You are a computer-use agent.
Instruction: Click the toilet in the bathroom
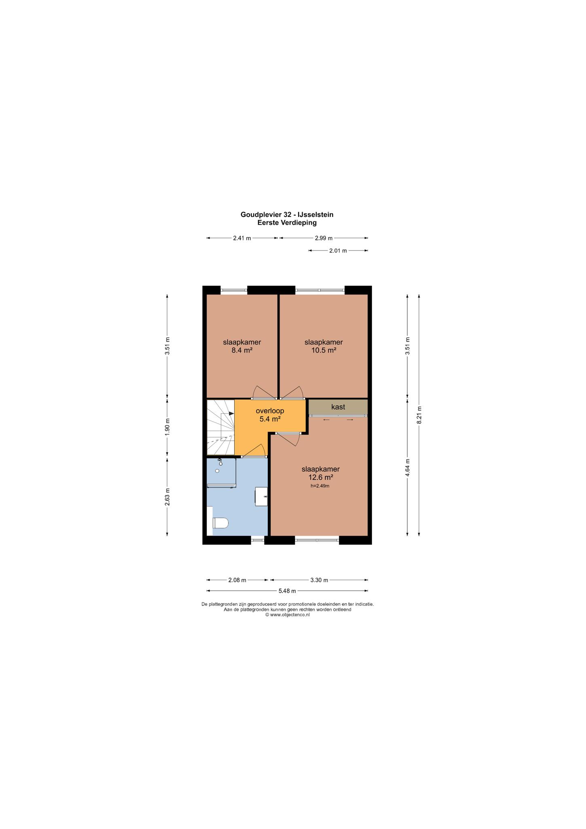click(220, 523)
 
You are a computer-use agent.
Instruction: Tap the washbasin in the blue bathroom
click(261, 496)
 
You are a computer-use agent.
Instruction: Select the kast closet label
click(338, 407)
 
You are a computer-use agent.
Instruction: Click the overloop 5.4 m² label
click(270, 415)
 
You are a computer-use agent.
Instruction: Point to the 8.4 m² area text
click(242, 350)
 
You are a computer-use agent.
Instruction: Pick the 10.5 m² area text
click(324, 350)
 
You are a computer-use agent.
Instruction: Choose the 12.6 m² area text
click(320, 477)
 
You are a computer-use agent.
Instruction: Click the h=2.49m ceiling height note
click(320, 486)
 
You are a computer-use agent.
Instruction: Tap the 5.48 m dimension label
click(287, 591)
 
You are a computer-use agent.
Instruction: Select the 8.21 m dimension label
click(419, 415)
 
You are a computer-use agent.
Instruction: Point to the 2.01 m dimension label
click(338, 251)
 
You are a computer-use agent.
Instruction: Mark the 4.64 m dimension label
click(408, 468)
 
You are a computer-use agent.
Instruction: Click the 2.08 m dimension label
click(237, 580)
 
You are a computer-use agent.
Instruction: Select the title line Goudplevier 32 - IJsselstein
click(287, 215)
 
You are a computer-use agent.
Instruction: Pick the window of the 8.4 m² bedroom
click(234, 290)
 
